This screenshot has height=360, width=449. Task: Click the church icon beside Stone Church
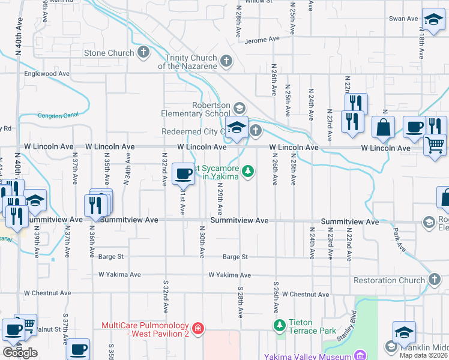click(x=143, y=53)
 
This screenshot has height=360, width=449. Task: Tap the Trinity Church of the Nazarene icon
click(x=226, y=61)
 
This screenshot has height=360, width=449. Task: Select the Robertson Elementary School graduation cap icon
click(x=239, y=108)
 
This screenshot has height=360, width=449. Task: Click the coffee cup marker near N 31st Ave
click(x=183, y=174)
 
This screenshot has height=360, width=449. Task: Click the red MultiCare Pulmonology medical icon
click(x=198, y=329)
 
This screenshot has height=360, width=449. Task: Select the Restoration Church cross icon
click(x=435, y=280)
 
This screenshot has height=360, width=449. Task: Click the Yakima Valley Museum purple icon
click(x=360, y=356)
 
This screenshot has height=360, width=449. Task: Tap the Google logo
click(x=20, y=353)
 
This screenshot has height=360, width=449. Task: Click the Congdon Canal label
click(x=59, y=115)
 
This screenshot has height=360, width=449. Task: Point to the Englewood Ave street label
click(x=47, y=74)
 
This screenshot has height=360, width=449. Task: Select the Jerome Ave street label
click(x=262, y=40)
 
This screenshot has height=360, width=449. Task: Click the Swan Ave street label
click(x=403, y=19)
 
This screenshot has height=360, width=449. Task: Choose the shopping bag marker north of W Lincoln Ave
click(x=383, y=127)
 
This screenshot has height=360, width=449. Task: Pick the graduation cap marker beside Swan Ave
click(x=433, y=19)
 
